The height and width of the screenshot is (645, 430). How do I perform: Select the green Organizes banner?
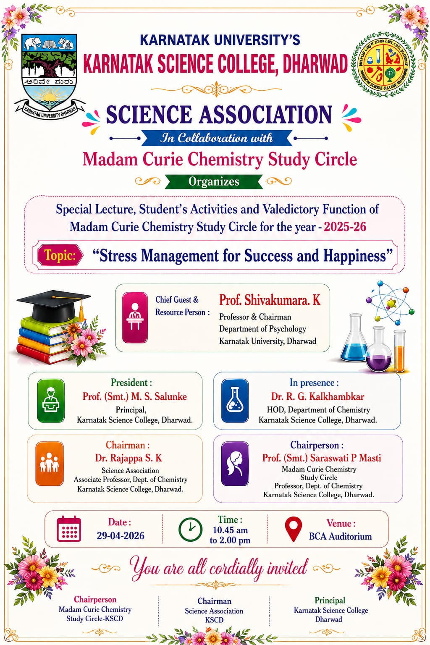pyautogui.click(x=214, y=181)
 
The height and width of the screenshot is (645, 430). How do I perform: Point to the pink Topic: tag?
pyautogui.click(x=60, y=255)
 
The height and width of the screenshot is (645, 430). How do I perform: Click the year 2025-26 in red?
pyautogui.click(x=345, y=227)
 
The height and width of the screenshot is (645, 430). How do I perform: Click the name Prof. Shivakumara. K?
pyautogui.click(x=270, y=300)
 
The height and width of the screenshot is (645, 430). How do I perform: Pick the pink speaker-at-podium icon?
pyautogui.click(x=135, y=317)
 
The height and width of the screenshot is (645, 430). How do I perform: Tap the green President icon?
pyautogui.click(x=51, y=400)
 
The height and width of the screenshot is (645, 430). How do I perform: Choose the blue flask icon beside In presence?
pyautogui.click(x=235, y=400)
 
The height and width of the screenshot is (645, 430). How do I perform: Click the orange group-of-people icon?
pyautogui.click(x=50, y=464)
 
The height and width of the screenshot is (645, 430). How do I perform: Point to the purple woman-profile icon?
pyautogui.click(x=235, y=464)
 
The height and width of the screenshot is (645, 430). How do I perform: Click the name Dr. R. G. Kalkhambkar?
pyautogui.click(x=317, y=396)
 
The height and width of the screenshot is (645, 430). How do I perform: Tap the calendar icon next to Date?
pyautogui.click(x=69, y=529)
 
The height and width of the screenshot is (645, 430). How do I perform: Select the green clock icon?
pyautogui.click(x=190, y=529)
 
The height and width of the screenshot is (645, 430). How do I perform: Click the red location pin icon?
pyautogui.click(x=293, y=529)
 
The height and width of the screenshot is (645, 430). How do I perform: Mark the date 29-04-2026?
pyautogui.click(x=121, y=536)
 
